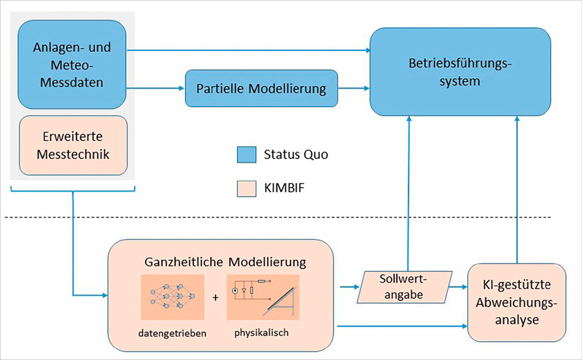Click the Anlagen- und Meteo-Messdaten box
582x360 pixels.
[72, 64]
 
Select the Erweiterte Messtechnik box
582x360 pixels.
[72, 146]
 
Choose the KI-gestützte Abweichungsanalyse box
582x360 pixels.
[517, 302]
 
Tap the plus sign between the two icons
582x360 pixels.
[215, 297]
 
